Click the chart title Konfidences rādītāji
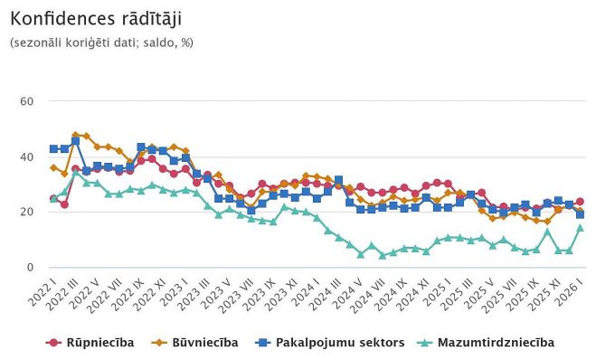pos(87,19)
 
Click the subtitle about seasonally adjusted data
pos(101,43)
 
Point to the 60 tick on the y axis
pos(26,100)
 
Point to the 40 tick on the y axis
pos(26,156)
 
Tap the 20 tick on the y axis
pos(26,212)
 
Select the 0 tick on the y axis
pos(30,268)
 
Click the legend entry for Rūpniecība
pos(90,342)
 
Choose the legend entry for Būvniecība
pos(202,342)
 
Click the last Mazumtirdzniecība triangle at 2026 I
pos(580,228)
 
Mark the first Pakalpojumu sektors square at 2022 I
pos(53,148)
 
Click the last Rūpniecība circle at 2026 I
pos(580,202)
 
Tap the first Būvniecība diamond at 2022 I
pos(53,167)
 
